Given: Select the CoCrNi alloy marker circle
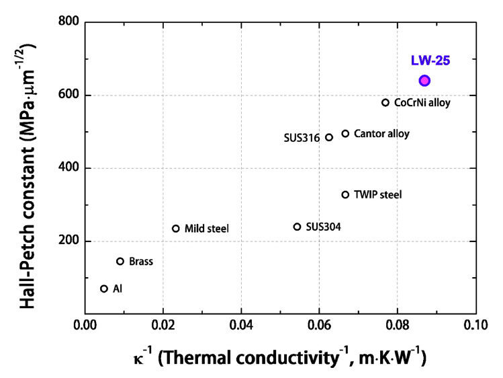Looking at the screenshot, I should [x=385, y=103].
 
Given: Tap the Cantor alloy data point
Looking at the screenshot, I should [x=345, y=134].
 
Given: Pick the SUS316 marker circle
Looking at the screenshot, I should [x=329, y=137].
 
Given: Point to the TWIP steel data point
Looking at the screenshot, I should [x=345, y=195].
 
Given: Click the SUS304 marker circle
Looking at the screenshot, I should [x=298, y=227].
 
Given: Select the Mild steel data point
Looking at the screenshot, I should [x=176, y=229].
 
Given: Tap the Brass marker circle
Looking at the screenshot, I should [x=120, y=261].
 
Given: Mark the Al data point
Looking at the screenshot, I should [x=104, y=289].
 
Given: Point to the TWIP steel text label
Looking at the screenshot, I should [x=377, y=195].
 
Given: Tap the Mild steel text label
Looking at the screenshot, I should [x=207, y=229].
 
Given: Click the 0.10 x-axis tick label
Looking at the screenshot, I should [x=475, y=330].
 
